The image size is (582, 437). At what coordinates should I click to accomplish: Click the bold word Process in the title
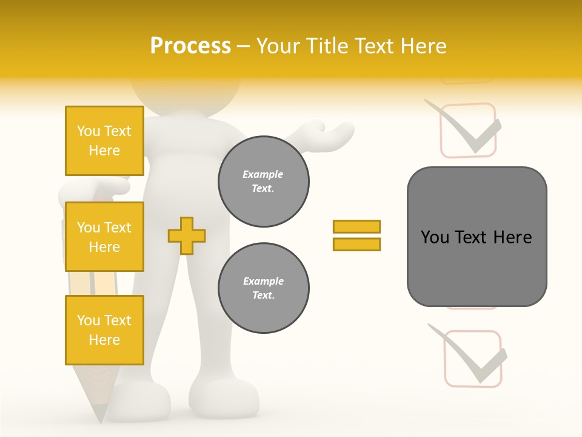pyautogui.click(x=190, y=46)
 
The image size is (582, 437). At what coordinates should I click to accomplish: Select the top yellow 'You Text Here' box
pyautogui.click(x=104, y=141)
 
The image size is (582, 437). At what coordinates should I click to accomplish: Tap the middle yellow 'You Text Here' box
pyautogui.click(x=104, y=237)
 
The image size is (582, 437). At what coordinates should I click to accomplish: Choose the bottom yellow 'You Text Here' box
pyautogui.click(x=104, y=330)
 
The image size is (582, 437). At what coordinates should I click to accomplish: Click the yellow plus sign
pyautogui.click(x=186, y=235)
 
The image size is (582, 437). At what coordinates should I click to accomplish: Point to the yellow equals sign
pyautogui.click(x=356, y=235)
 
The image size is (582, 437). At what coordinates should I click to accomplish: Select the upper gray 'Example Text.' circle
pyautogui.click(x=263, y=181)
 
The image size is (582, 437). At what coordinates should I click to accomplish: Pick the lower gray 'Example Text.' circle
pyautogui.click(x=263, y=288)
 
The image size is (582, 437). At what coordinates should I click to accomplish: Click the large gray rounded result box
pyautogui.click(x=477, y=237)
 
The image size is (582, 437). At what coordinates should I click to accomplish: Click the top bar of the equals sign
pyautogui.click(x=356, y=226)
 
